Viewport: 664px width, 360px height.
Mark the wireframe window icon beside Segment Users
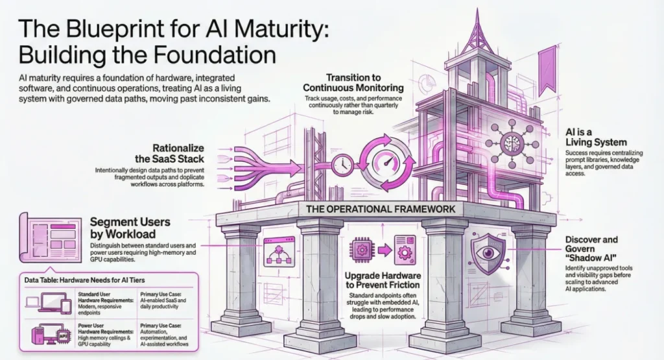coord(51,232)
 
